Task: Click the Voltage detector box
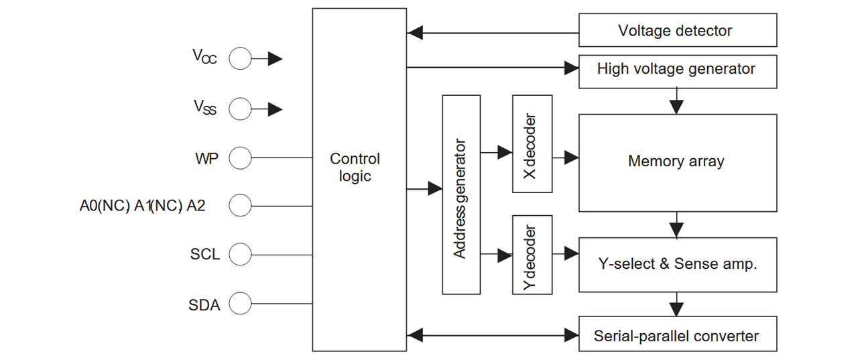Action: (678, 30)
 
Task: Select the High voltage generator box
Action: (678, 72)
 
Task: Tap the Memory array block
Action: (678, 163)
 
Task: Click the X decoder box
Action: (532, 143)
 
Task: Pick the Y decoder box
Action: (532, 255)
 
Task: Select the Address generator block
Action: (461, 194)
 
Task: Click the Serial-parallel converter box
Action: (678, 334)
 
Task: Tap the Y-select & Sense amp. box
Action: (678, 265)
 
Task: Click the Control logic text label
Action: (355, 168)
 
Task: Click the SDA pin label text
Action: (204, 305)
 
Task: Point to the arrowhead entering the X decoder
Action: (505, 152)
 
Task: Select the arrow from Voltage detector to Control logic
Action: (493, 33)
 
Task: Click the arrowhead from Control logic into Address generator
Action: (435, 188)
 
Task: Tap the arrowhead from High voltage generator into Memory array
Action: (677, 107)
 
